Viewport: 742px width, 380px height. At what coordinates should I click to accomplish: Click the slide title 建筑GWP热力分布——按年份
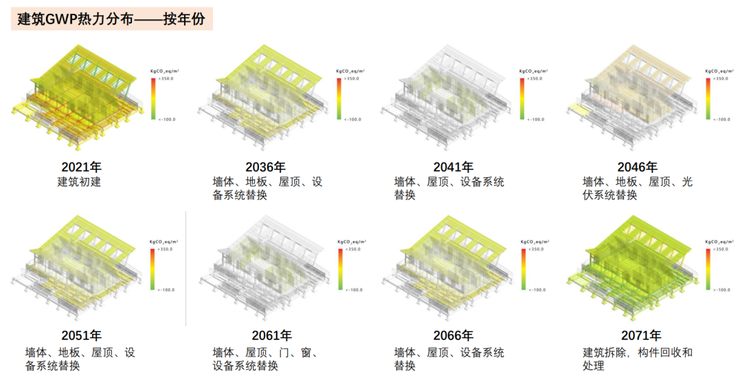111,19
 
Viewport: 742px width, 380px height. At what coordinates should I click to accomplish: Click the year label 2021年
81,167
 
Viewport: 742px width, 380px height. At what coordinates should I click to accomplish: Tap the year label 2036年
265,167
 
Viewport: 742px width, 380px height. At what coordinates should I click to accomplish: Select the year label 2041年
453,167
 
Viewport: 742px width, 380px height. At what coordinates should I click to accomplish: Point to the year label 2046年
637,167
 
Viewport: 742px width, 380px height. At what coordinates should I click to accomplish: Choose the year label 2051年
81,336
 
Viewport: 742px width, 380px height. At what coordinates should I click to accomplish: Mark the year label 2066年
453,336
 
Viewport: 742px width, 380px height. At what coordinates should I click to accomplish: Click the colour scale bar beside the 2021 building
153,99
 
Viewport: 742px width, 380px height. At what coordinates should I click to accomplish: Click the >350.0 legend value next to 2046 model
719,79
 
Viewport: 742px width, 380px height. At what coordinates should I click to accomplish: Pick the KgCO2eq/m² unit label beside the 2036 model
350,71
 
